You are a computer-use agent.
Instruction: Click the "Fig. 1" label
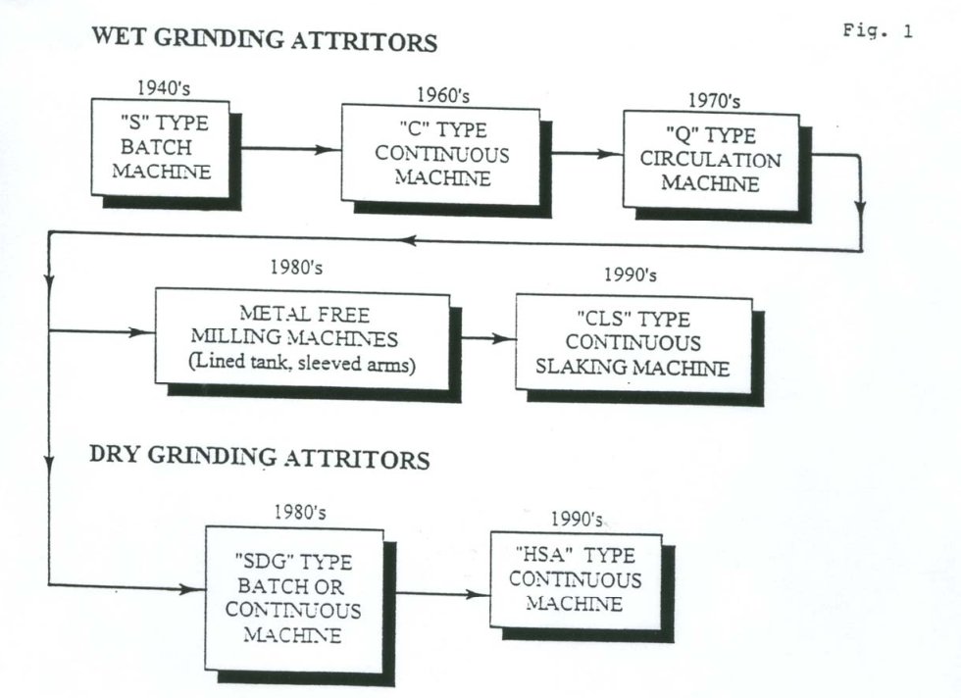[878, 30]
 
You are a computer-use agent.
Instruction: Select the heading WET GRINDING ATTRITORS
[264, 39]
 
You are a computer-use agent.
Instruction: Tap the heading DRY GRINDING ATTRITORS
[259, 457]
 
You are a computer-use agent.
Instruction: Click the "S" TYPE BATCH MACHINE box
[161, 148]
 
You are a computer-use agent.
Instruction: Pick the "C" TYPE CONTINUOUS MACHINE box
[440, 155]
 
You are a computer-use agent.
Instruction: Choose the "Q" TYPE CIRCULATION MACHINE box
[711, 161]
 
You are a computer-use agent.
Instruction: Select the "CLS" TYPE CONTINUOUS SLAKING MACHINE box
[633, 344]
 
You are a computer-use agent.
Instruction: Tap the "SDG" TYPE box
[294, 599]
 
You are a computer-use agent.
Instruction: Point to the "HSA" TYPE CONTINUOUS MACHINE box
[577, 580]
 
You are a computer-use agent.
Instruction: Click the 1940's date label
[164, 88]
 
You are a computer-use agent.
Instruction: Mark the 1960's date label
[443, 95]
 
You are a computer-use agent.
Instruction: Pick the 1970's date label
[714, 100]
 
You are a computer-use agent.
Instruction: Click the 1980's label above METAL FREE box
[296, 268]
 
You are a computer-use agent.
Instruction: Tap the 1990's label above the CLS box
[630, 274]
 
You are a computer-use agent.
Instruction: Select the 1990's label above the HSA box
[577, 520]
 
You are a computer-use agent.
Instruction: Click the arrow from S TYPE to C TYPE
[291, 149]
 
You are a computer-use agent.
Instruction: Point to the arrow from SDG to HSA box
[442, 593]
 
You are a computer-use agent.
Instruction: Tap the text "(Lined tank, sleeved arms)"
[302, 364]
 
